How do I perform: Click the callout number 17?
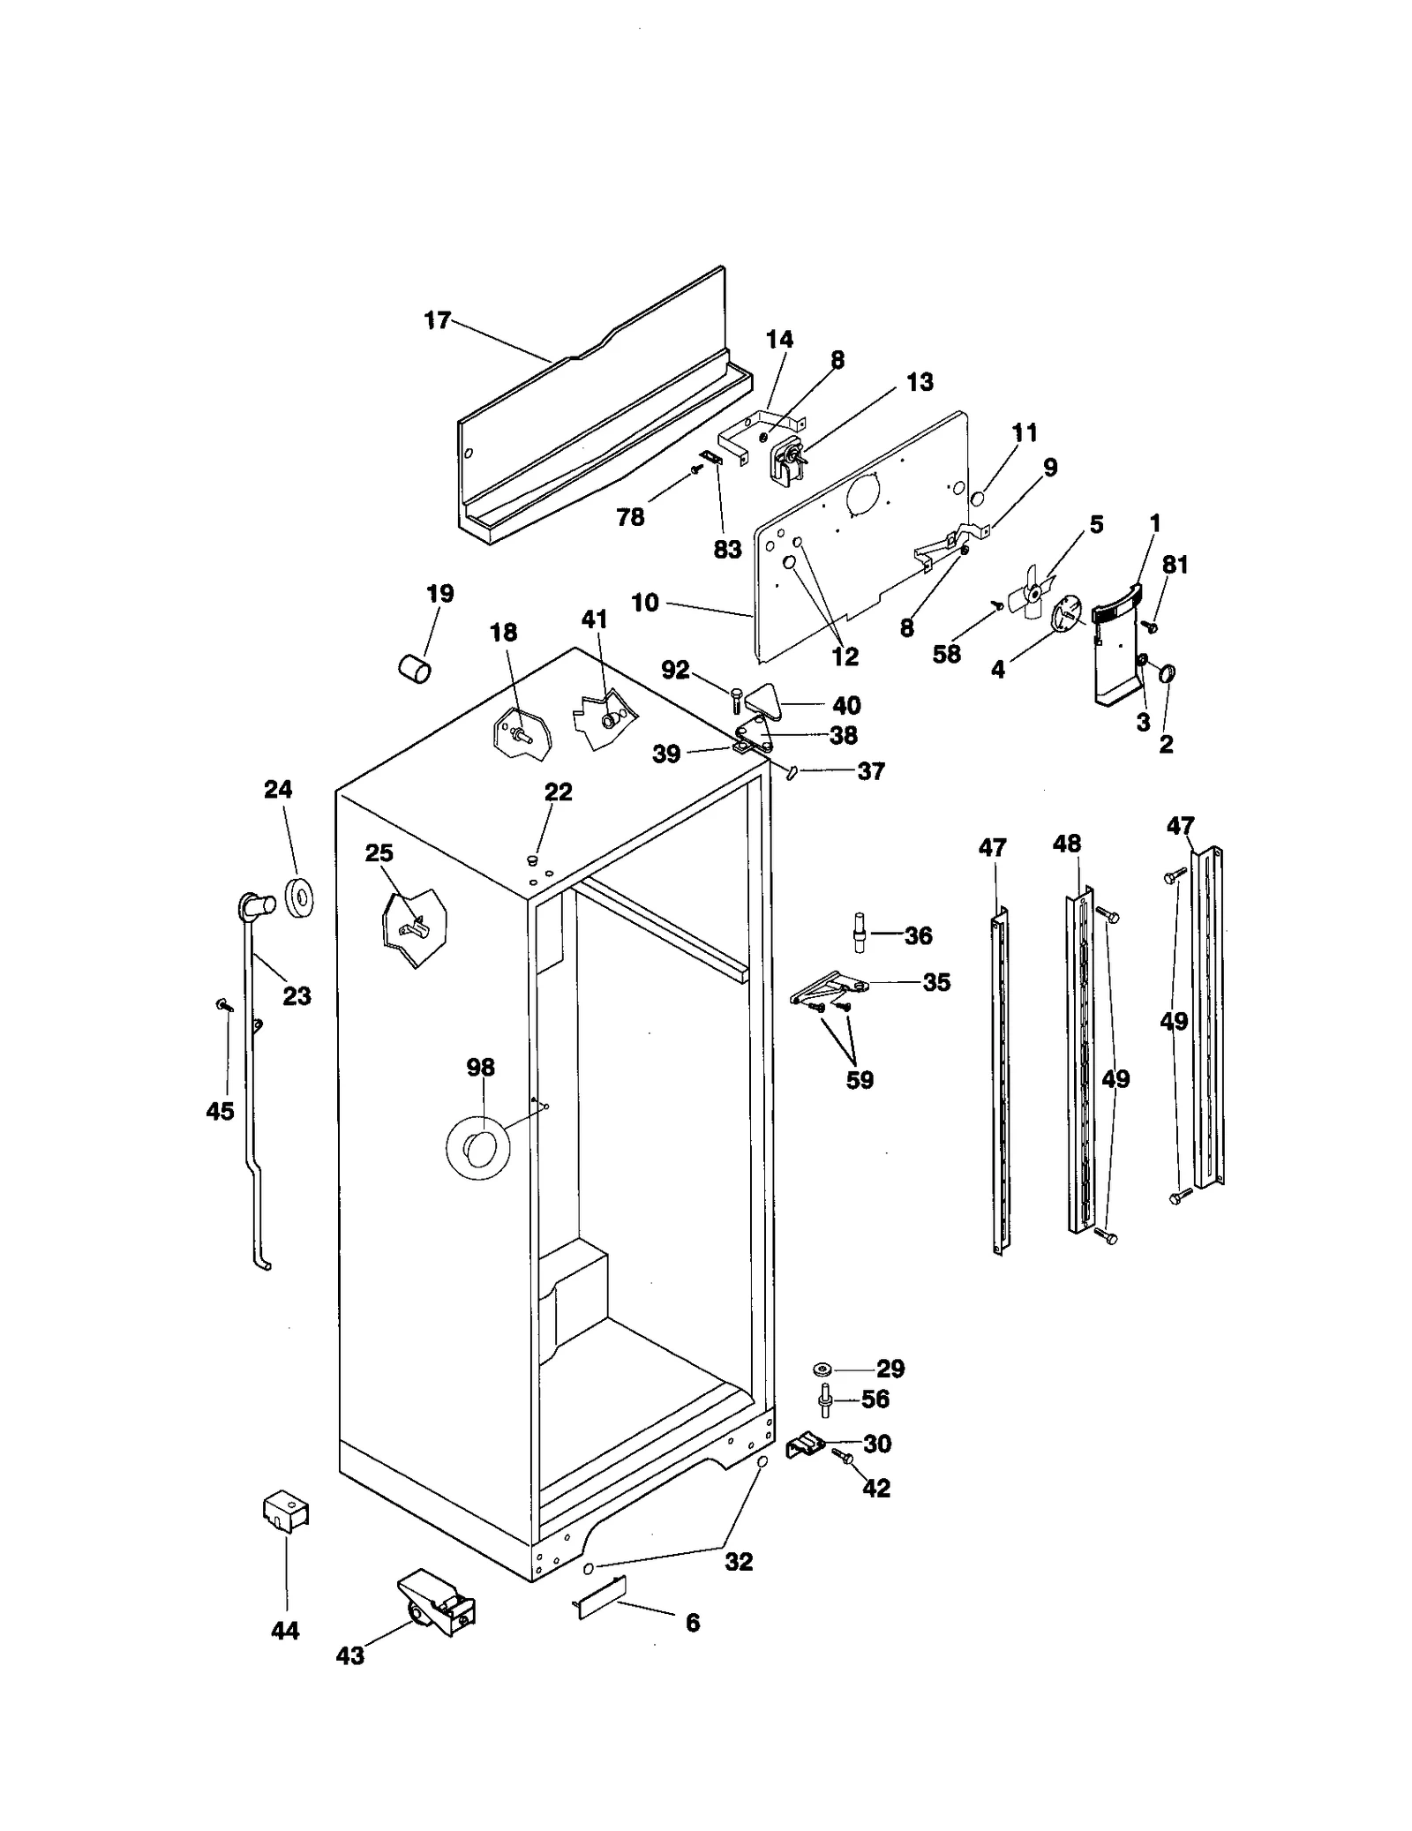pos(437,320)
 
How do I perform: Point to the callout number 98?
pos(480,1068)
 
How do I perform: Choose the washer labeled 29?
pos(823,1369)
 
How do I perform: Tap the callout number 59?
pos(859,1080)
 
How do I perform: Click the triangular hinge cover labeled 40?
pos(764,702)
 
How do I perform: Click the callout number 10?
pos(644,603)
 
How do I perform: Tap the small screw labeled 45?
pos(224,1004)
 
